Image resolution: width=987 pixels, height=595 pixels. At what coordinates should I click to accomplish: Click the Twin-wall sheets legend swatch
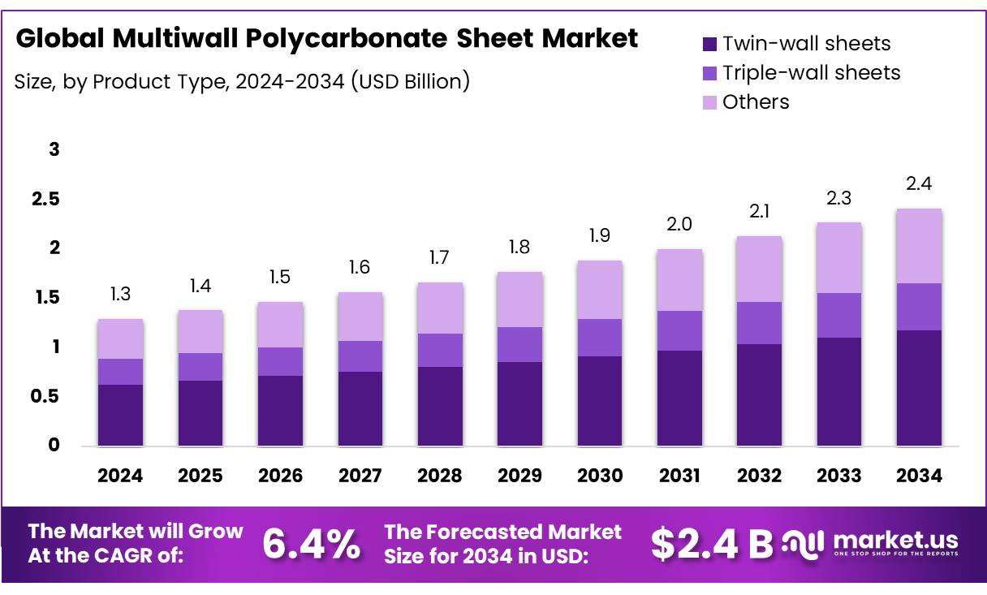[709, 44]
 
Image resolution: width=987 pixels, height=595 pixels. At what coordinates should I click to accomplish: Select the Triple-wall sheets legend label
[811, 73]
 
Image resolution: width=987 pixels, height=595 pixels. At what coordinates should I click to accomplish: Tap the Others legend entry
[755, 102]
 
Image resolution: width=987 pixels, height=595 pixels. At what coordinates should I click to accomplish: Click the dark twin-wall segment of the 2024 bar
[120, 415]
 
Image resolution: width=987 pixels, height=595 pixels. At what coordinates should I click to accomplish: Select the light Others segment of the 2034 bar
[919, 246]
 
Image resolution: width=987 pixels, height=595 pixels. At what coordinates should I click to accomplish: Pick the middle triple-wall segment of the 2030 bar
[599, 338]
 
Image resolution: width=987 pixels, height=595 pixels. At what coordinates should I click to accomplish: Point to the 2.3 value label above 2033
[838, 196]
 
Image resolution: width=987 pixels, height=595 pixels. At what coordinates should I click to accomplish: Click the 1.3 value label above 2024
[120, 293]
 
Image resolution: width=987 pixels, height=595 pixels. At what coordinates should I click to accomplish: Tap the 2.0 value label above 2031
[679, 223]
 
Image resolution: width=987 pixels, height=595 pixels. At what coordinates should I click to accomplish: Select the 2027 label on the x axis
[360, 476]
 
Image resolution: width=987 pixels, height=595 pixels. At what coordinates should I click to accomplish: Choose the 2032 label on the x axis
[759, 476]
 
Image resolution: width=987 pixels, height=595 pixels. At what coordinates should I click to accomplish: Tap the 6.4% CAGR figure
[312, 544]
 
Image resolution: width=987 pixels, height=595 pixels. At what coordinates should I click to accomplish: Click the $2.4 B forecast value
[711, 544]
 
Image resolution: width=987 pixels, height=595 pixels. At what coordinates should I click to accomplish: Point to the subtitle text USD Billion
[411, 81]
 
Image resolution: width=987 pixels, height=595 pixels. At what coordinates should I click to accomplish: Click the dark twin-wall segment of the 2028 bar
[439, 406]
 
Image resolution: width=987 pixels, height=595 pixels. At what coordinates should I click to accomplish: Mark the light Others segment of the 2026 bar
[280, 325]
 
